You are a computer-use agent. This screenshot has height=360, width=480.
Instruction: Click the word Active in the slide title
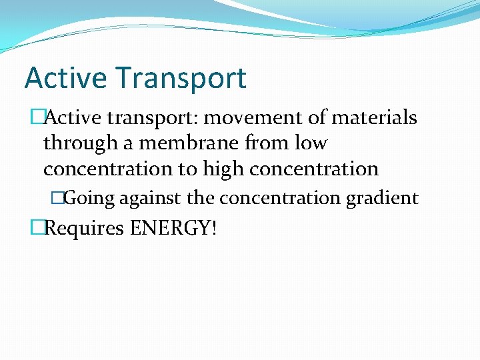66,78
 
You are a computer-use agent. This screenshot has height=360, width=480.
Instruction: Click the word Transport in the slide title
181,78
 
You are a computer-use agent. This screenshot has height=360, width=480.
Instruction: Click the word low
315,143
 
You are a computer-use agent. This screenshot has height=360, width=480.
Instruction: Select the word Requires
84,229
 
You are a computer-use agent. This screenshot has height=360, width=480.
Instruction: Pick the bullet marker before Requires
37,229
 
